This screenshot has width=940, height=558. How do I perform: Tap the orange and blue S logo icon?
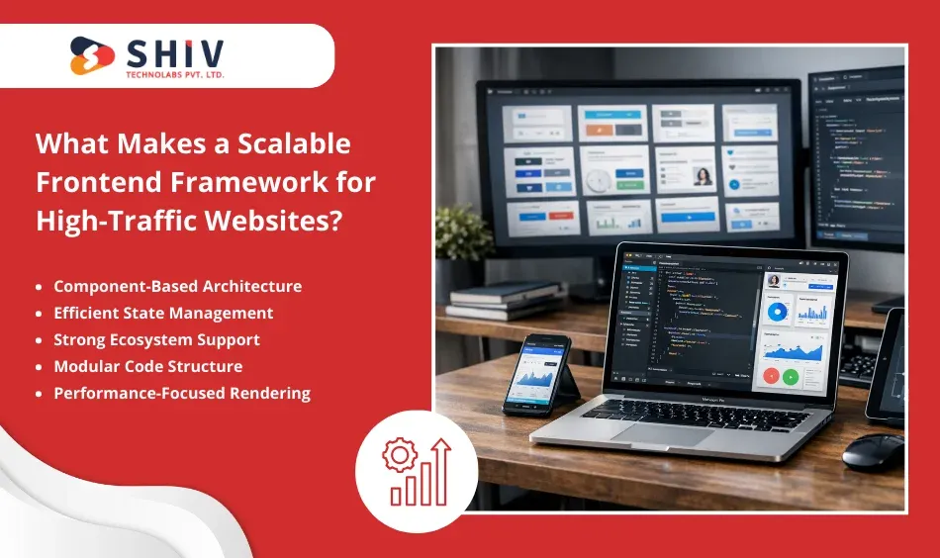[x=92, y=55]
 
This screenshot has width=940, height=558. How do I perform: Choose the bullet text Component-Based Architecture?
[x=177, y=286]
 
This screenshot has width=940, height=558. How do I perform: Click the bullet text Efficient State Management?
[x=163, y=313]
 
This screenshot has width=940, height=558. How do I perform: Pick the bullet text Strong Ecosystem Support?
[x=156, y=339]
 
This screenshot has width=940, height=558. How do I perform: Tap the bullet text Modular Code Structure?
[x=147, y=366]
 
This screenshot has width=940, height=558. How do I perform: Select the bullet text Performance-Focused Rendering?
[x=182, y=393]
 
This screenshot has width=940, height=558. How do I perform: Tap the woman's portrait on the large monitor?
[x=704, y=176]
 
